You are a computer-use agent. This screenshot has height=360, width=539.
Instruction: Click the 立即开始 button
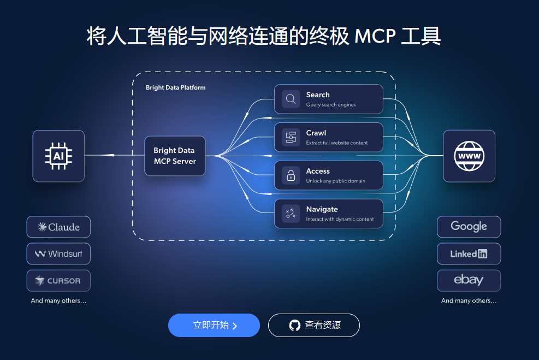[214, 326]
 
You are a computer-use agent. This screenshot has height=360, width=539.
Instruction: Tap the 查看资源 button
[313, 326]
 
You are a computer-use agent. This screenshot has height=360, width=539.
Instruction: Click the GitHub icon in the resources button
[295, 326]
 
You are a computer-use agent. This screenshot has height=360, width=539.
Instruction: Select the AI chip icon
[58, 156]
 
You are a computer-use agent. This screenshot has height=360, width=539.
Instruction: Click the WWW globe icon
[469, 156]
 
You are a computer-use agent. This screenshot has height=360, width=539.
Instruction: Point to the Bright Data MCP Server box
[175, 156]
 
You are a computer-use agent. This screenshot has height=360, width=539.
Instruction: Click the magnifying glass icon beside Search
[291, 99]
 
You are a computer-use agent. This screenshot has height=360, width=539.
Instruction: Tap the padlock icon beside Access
[291, 175]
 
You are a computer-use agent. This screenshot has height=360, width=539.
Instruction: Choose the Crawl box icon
[291, 137]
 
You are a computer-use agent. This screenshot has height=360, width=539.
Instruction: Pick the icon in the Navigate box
[291, 214]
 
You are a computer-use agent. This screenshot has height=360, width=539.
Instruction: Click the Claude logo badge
[58, 227]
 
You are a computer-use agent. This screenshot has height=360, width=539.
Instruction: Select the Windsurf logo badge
[58, 253]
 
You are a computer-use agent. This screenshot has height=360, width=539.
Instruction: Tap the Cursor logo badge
[58, 280]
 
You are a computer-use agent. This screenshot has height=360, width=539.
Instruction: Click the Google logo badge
[469, 227]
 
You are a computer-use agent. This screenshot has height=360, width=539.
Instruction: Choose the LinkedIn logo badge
[469, 253]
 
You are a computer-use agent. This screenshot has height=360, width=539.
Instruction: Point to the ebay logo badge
[469, 280]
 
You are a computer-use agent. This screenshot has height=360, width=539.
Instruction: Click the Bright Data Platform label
[175, 87]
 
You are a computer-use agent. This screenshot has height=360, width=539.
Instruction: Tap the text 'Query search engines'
[331, 105]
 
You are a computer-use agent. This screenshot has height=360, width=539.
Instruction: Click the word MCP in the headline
[374, 37]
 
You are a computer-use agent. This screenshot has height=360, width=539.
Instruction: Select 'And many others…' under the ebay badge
[469, 300]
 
